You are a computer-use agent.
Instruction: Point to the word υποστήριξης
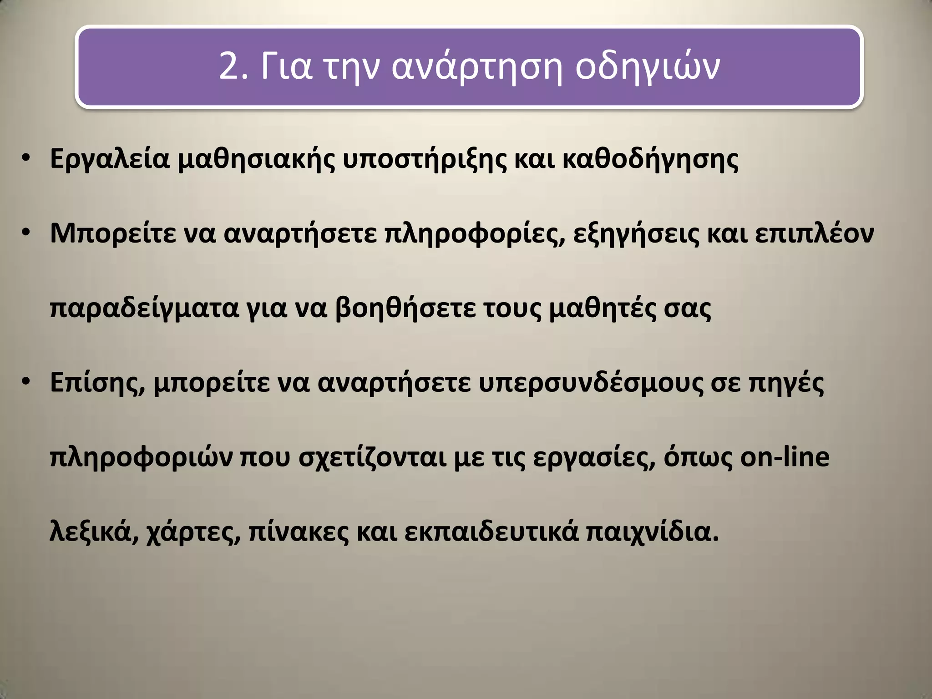(x=424, y=160)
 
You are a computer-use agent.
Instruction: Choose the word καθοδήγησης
(x=650, y=160)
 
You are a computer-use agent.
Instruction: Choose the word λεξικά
(x=94, y=532)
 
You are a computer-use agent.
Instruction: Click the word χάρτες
(x=193, y=532)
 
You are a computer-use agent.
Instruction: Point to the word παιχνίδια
(x=652, y=532)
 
